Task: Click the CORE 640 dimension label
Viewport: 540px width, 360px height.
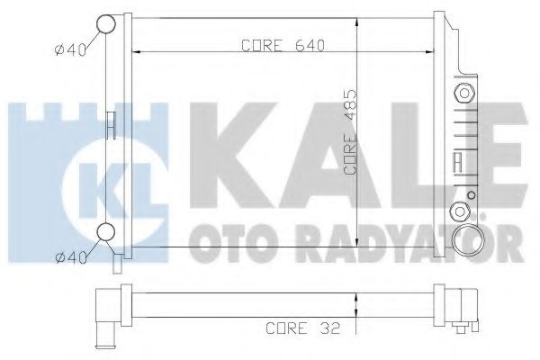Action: click(x=283, y=45)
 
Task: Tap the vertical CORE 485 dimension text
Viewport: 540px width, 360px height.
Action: click(x=350, y=132)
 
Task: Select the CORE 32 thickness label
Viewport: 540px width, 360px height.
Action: click(x=303, y=328)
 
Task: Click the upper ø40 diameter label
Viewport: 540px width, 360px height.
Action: click(x=70, y=50)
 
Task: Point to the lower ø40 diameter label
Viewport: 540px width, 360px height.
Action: click(x=71, y=257)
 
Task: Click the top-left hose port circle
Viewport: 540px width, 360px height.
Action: click(x=105, y=23)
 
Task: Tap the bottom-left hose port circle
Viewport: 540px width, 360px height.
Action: click(x=105, y=232)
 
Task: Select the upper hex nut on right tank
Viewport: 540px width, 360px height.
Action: click(x=464, y=93)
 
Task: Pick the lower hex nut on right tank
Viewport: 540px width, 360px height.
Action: click(x=460, y=211)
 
